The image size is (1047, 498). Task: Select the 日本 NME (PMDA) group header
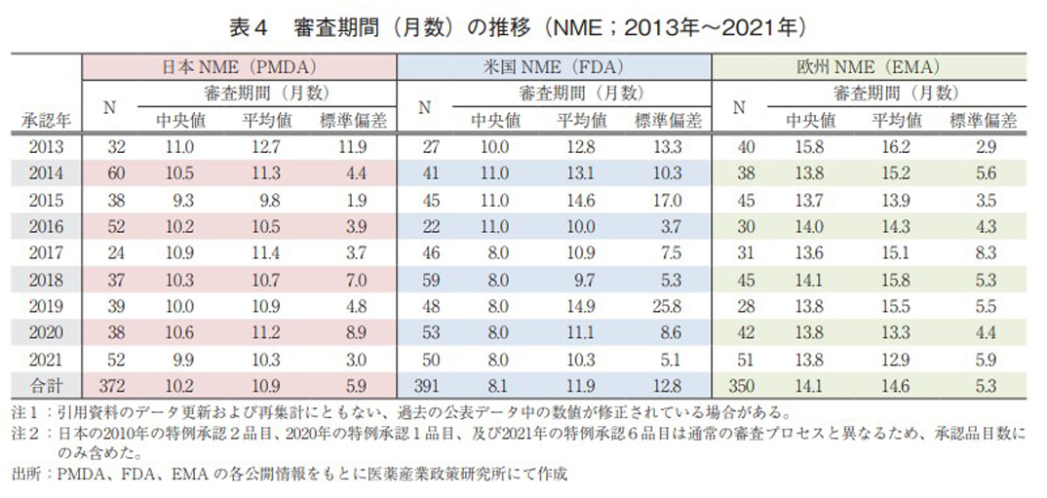pyautogui.click(x=239, y=69)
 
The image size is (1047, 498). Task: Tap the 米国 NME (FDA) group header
pyautogui.click(x=554, y=69)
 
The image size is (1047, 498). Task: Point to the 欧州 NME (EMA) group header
pyautogui.click(x=870, y=69)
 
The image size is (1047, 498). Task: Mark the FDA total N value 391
pyautogui.click(x=425, y=387)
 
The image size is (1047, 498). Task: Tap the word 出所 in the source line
pyautogui.click(x=28, y=475)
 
